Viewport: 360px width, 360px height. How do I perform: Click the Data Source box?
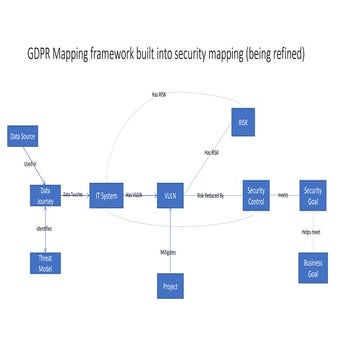22,136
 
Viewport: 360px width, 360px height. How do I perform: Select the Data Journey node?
45,194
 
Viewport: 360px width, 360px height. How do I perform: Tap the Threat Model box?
45,262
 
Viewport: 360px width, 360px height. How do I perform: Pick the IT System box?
105,196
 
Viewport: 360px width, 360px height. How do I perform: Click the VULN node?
173,196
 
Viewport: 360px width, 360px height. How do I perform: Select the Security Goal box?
313,194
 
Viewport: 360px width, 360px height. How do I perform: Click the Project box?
173,288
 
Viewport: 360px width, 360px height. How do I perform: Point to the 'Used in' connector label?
29,162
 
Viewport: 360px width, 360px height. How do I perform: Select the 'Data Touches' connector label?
73,194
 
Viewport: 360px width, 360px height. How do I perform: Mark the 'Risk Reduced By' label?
211,194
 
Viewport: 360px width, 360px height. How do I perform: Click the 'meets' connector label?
284,195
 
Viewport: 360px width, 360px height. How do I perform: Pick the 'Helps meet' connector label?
311,232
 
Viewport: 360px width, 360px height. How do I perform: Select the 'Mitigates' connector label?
168,252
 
